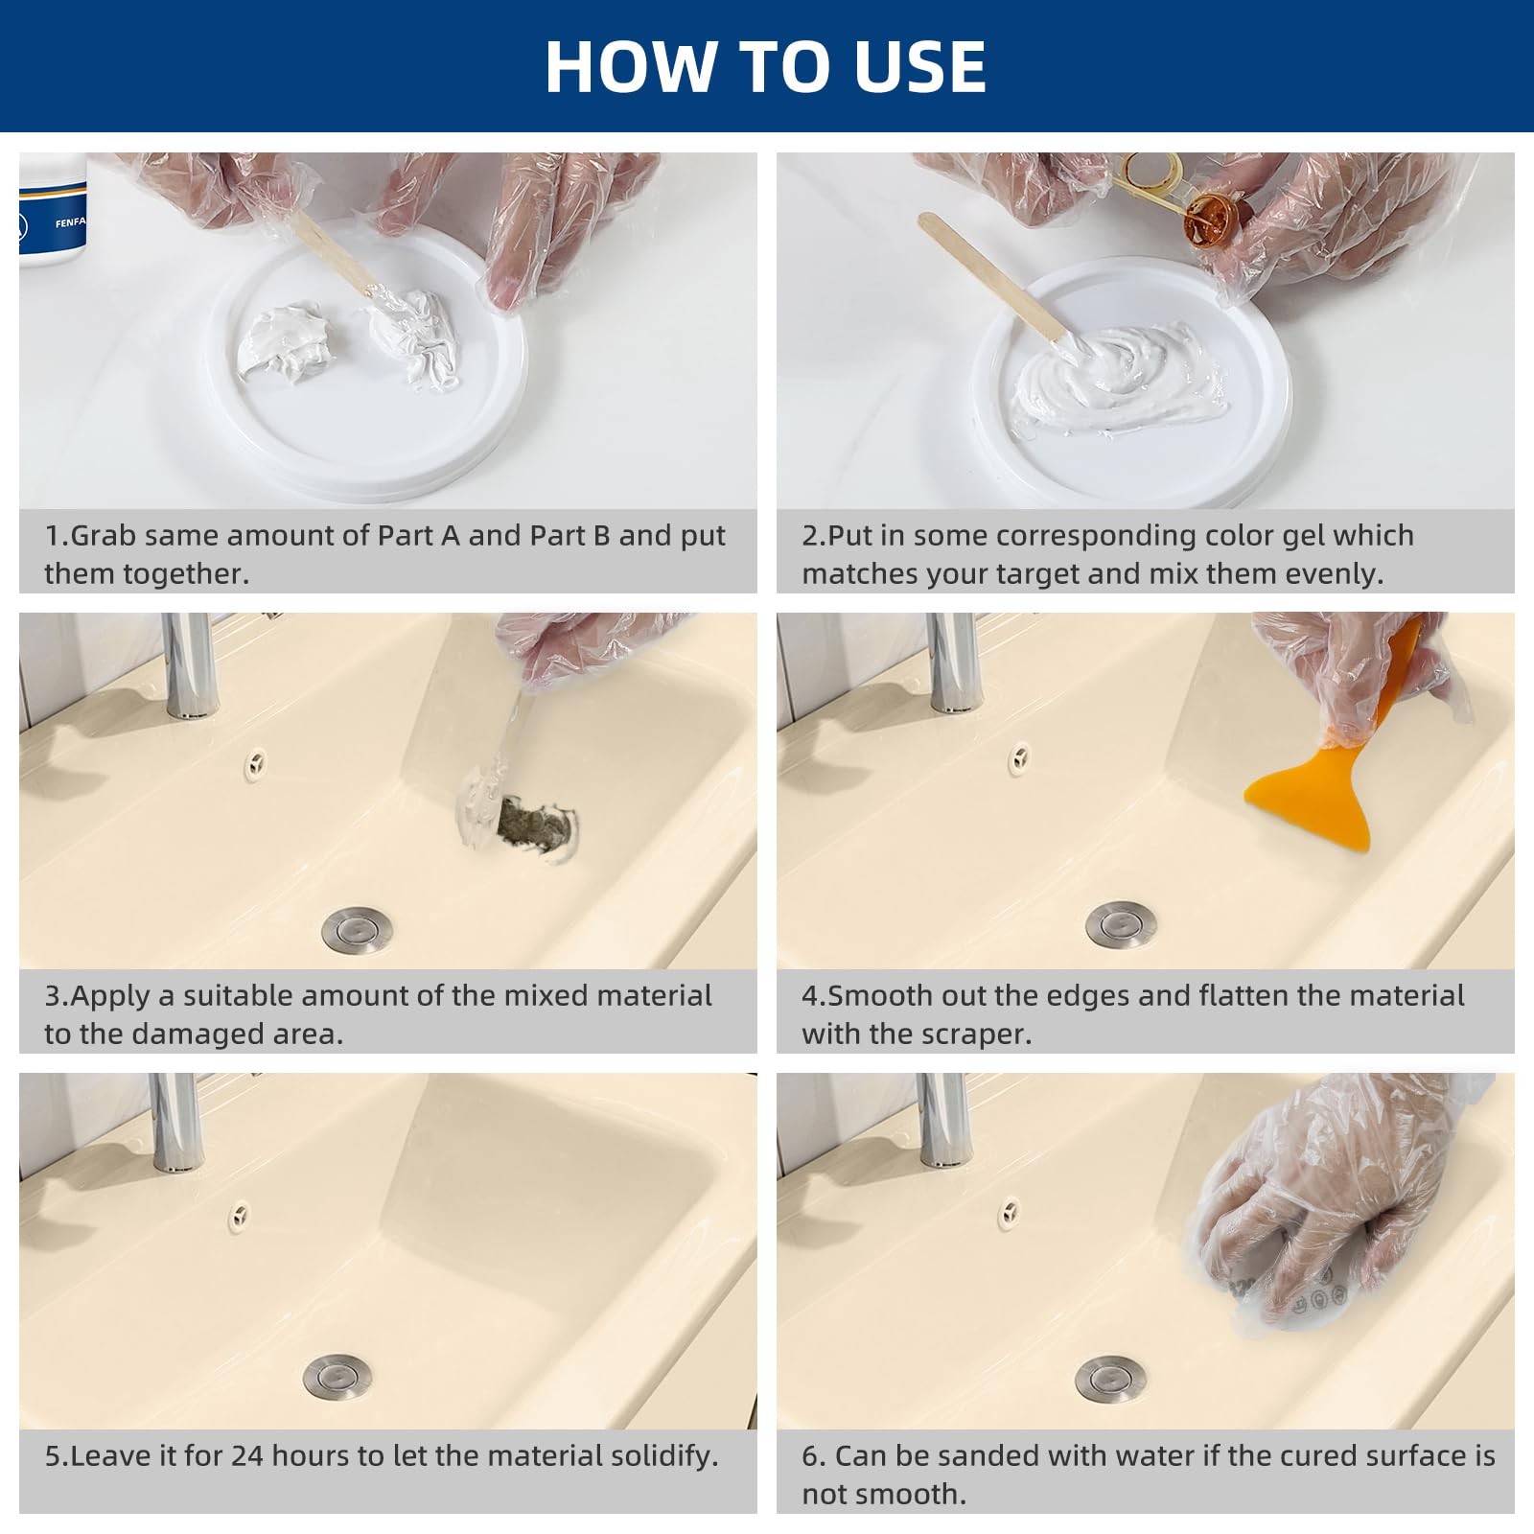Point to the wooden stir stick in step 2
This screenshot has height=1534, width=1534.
click(993, 278)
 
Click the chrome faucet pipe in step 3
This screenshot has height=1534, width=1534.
click(189, 664)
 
